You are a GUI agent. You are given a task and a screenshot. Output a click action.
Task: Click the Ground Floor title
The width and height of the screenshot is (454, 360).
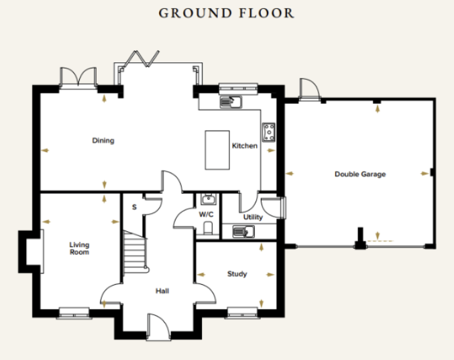point(226,13)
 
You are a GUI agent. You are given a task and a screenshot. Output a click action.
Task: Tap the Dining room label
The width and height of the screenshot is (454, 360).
point(103,141)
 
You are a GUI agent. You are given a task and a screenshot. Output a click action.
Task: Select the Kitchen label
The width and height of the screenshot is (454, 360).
point(245,145)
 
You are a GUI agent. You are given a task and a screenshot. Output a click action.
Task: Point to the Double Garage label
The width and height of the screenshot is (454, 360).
point(360,174)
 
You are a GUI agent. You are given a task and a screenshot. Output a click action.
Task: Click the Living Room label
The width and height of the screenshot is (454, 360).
point(79,249)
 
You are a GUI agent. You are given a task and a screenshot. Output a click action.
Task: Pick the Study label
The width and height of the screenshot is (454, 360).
point(237,274)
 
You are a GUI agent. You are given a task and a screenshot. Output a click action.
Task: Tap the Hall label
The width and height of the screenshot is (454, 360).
point(162,291)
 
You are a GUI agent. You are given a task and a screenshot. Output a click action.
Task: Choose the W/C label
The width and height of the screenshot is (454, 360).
point(206,215)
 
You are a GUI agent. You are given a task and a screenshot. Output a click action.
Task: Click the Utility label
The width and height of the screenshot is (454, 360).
point(253,217)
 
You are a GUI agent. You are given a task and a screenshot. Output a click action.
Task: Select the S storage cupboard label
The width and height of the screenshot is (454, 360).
point(134,207)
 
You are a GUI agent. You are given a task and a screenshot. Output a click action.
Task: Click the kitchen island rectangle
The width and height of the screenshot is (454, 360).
point(217,150)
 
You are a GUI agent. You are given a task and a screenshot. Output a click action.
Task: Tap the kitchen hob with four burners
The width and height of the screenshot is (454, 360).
point(269,132)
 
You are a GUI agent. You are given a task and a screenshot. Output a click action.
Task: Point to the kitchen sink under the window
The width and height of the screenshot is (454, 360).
point(231,102)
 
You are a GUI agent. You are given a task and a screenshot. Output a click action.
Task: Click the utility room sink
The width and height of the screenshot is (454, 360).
point(243,231)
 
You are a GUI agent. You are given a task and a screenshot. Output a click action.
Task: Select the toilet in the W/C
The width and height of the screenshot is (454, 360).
point(208,229)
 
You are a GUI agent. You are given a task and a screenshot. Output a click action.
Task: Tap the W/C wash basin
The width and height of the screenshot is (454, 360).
point(208,199)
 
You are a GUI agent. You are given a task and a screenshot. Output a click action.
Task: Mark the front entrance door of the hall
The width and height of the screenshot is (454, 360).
point(158,327)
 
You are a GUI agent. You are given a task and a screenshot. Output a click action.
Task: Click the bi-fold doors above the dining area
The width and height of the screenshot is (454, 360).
point(141,59)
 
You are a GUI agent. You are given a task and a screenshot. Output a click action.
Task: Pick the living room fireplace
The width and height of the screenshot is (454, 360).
point(31,251)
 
